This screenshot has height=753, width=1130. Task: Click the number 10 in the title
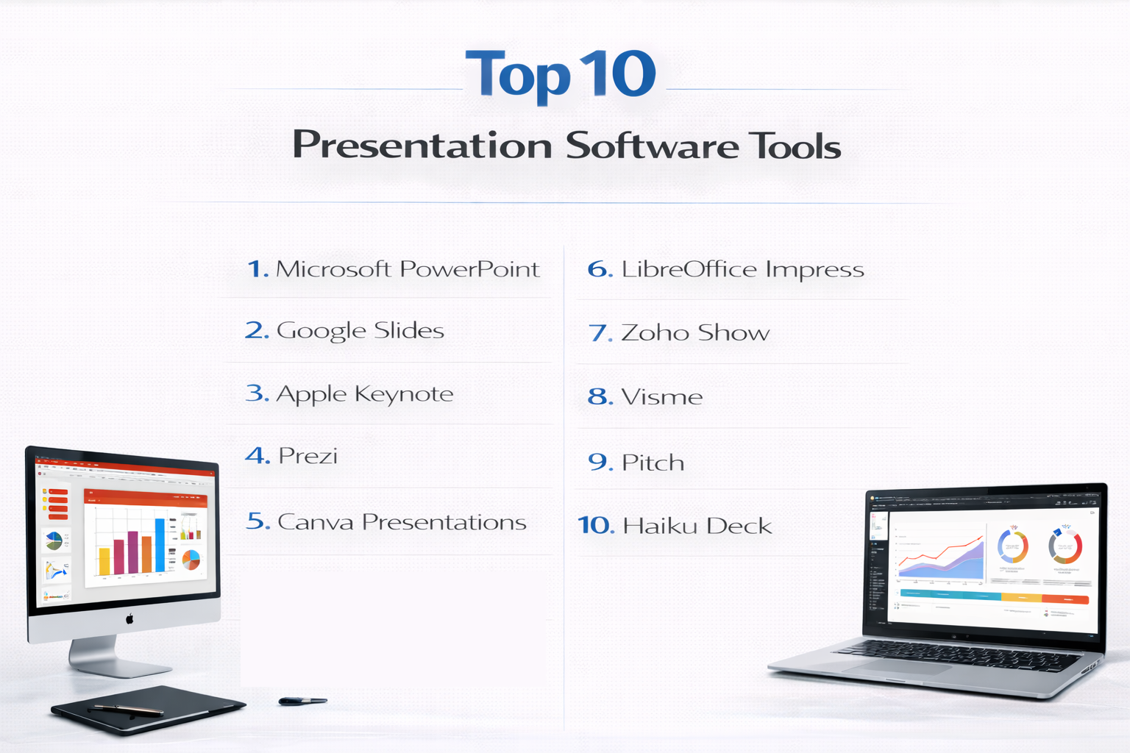click(x=617, y=74)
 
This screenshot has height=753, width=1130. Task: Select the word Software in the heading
click(x=652, y=146)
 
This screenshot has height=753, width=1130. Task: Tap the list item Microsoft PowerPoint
click(x=408, y=269)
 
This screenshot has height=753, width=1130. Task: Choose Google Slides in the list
click(x=360, y=331)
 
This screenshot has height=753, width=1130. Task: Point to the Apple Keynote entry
click(x=364, y=394)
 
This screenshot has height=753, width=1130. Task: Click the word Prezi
click(x=308, y=456)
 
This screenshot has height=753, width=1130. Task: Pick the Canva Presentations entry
click(x=402, y=522)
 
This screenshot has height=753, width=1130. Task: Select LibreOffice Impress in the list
click(x=742, y=270)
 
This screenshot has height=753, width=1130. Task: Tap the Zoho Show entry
click(x=695, y=333)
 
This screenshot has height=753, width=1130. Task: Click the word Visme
click(x=662, y=397)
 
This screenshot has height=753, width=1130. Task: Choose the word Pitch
click(x=653, y=463)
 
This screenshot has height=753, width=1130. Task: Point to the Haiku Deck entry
click(x=697, y=526)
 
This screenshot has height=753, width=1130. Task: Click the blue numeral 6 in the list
click(x=600, y=269)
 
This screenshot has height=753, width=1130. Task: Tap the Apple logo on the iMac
click(x=129, y=618)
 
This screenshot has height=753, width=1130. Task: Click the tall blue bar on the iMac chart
click(x=160, y=545)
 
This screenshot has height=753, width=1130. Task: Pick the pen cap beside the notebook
click(x=302, y=702)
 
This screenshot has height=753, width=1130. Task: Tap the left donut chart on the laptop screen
click(x=1012, y=547)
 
